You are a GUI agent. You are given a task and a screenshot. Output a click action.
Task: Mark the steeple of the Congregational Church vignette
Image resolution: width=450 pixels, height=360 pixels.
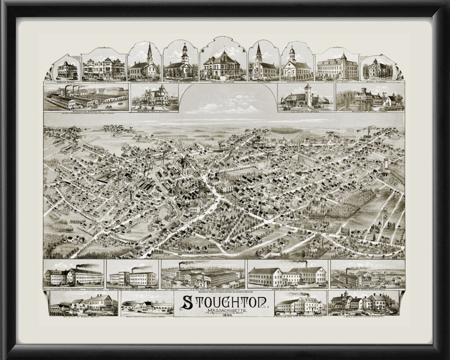click(150, 52)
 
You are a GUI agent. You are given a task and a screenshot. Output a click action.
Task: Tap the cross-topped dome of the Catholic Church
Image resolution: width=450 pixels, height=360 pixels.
click(292, 52)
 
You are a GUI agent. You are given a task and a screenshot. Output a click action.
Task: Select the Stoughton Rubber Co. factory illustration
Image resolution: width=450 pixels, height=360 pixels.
click(86, 98)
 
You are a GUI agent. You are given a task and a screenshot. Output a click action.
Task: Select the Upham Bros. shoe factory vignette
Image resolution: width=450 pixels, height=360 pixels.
click(287, 275)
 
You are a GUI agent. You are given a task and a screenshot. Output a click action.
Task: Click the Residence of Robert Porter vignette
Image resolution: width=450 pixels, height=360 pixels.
click(83, 303)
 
